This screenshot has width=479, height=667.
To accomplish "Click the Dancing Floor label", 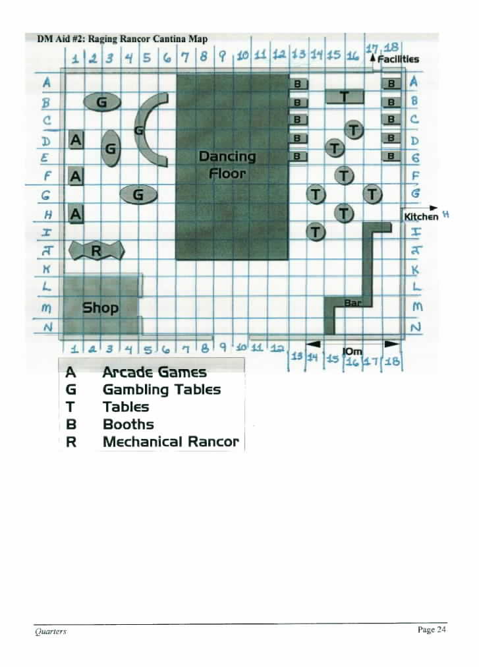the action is tap(227, 165).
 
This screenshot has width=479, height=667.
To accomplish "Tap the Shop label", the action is tap(100, 307).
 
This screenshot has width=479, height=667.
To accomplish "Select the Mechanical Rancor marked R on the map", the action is tap(97, 250).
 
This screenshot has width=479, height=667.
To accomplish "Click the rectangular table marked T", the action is tap(345, 97).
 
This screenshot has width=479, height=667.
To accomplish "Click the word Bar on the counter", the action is tap(352, 303).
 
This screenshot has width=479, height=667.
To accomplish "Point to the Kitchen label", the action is tap(421, 217).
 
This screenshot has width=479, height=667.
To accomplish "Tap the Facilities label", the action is tap(398, 59).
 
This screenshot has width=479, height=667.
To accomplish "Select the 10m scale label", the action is tap(352, 351).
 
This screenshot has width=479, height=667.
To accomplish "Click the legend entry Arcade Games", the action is tap(154, 372).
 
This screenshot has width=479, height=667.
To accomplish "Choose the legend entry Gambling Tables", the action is tap(161, 390).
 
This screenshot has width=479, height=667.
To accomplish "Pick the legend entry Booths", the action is tap(128, 424).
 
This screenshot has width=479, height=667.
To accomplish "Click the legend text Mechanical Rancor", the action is tap(171, 442).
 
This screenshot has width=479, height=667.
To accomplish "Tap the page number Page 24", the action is tap(432, 629).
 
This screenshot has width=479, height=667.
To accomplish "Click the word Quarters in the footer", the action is tap(51, 631).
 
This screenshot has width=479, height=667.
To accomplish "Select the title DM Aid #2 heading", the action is tap(122, 39).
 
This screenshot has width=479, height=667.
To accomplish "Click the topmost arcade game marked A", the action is tap(76, 140).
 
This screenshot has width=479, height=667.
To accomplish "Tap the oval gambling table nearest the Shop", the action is tap(138, 195).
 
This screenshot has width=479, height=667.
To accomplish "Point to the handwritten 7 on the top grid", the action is tap(185, 57).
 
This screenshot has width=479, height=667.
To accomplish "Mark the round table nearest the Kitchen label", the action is tap(372, 194).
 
